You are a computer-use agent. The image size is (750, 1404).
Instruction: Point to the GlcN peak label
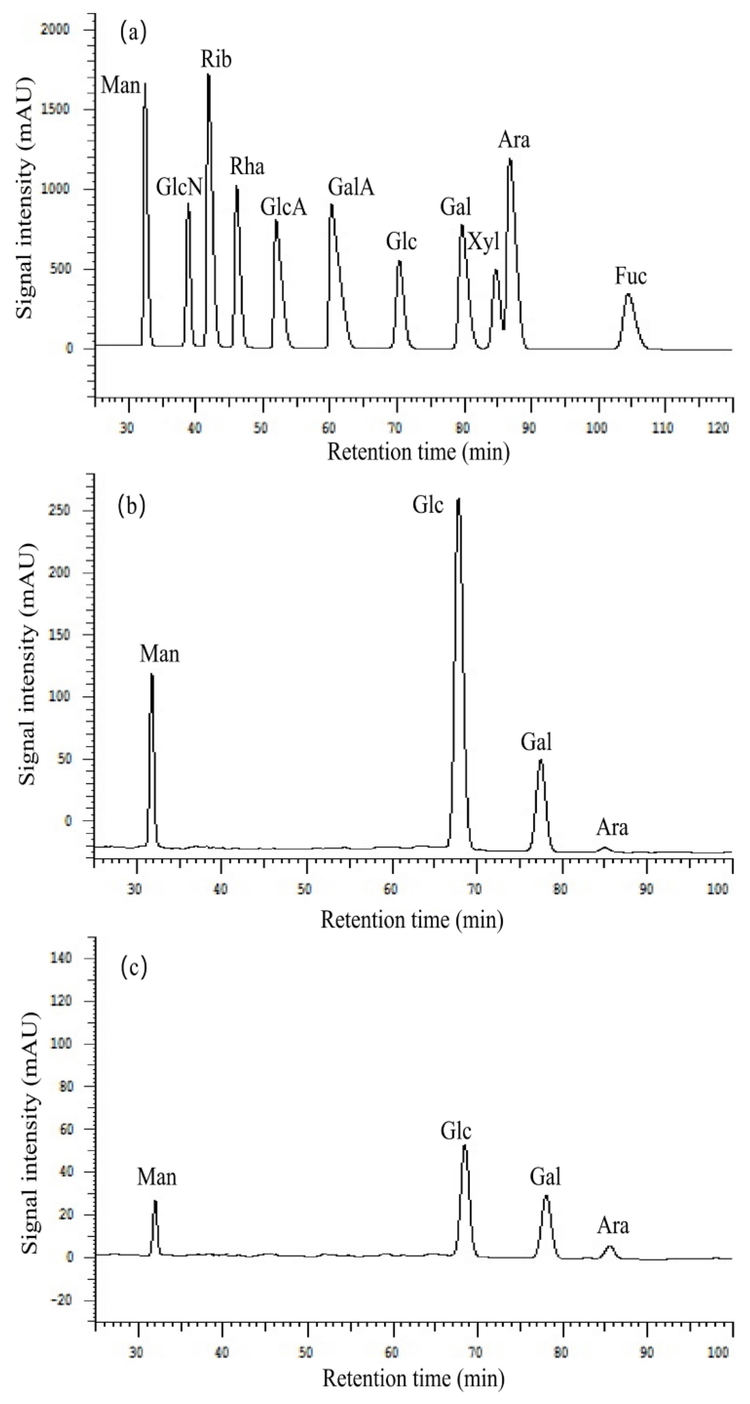click(x=179, y=188)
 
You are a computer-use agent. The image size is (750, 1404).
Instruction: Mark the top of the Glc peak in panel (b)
click(x=458, y=499)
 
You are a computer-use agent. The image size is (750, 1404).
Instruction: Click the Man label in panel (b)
click(x=159, y=653)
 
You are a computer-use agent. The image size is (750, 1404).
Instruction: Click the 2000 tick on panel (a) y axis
click(x=55, y=29)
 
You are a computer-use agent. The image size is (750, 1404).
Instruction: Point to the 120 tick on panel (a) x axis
click(x=720, y=428)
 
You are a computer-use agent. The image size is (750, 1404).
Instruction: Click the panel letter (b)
click(x=131, y=506)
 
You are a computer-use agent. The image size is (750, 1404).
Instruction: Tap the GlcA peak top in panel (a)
click(x=276, y=221)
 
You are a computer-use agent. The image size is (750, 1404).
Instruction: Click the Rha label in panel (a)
click(x=247, y=166)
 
